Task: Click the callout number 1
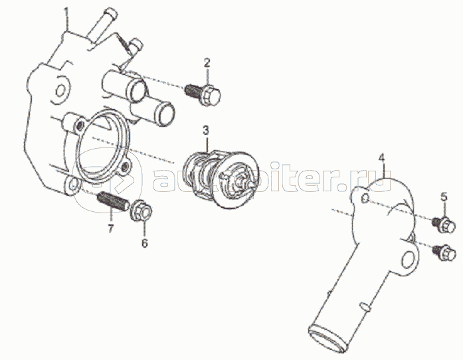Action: pos(66,14)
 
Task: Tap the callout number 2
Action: pos(207,62)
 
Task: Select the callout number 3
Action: pos(205,130)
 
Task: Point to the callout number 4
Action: pos(382,157)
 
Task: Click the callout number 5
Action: pos(444,197)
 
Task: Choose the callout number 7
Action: pos(110,229)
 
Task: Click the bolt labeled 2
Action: pos(203,94)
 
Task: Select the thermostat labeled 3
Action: pos(221,180)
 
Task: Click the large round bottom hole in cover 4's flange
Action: pos(409,259)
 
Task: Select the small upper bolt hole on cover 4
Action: pos(365,198)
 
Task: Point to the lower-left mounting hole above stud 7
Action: pos(73,186)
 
